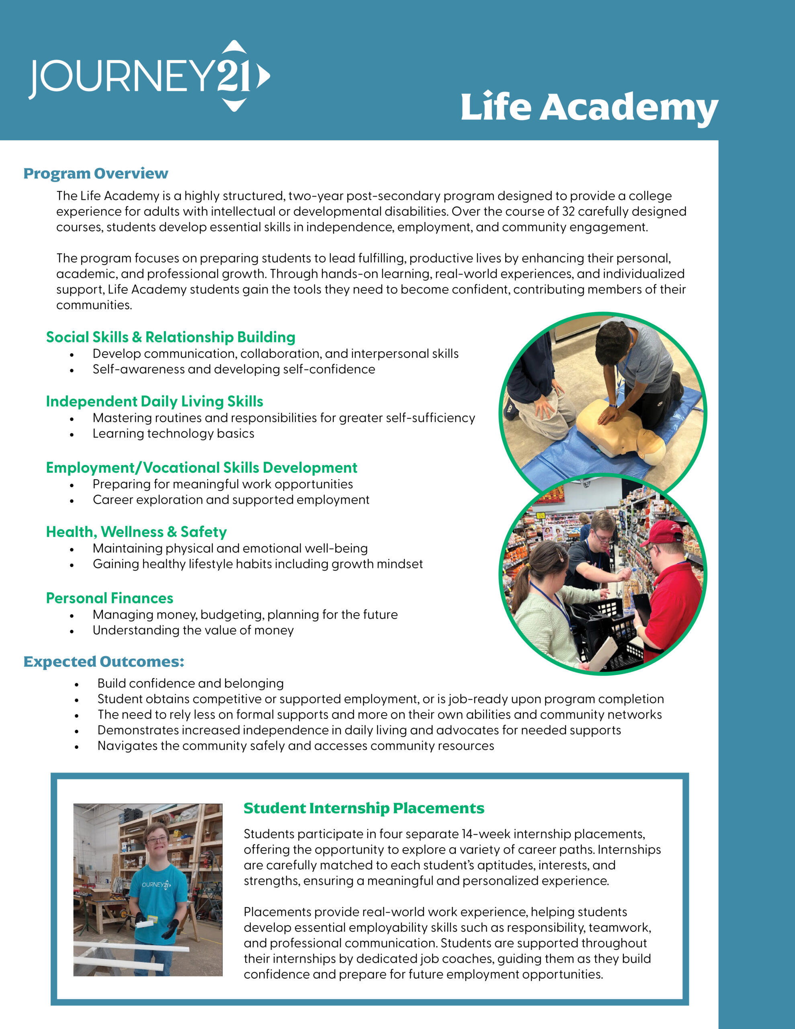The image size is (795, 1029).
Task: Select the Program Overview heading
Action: (96, 173)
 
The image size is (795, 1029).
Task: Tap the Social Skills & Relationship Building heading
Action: (170, 337)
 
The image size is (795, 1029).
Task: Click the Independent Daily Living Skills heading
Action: (155, 402)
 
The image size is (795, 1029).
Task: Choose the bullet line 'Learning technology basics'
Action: (173, 433)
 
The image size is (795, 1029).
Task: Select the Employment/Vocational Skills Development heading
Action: (202, 468)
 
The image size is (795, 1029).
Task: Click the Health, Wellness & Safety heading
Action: (136, 532)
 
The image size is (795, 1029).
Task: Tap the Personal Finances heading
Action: (110, 599)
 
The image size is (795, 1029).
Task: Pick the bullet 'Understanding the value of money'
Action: (193, 630)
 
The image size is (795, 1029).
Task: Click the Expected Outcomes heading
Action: (104, 662)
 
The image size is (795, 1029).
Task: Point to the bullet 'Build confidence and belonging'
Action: (191, 684)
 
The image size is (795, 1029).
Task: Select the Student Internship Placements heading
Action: (364, 808)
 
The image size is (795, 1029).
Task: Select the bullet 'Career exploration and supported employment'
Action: (231, 500)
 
